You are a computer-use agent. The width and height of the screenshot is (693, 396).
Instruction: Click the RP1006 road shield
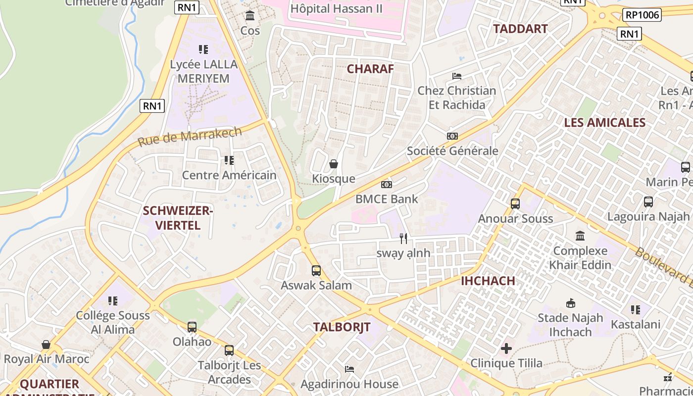click(642, 15)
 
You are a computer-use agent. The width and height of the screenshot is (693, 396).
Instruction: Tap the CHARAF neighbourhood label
click(370, 69)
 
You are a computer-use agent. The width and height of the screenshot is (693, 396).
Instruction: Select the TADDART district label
click(520, 29)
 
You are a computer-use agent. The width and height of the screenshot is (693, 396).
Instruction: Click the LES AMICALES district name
click(605, 123)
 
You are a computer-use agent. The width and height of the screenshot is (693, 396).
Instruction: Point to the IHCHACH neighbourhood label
click(488, 281)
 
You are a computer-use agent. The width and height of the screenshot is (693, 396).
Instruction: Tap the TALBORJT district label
click(342, 327)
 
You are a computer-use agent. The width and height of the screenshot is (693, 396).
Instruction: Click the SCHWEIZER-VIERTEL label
click(178, 218)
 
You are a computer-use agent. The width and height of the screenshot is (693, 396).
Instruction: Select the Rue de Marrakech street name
click(190, 136)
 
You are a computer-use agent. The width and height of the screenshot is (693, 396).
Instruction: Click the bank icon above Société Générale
click(452, 136)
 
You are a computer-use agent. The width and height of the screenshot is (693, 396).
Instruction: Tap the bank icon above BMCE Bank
click(387, 185)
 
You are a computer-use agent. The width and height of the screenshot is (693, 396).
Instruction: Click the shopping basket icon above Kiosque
click(334, 164)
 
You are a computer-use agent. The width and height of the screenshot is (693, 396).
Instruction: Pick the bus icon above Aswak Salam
click(316, 271)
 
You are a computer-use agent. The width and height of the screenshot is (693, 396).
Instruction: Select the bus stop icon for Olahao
click(192, 327)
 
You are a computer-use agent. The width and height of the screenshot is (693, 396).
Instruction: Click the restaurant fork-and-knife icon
click(403, 239)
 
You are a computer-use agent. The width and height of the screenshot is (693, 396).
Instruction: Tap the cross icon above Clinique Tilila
click(506, 348)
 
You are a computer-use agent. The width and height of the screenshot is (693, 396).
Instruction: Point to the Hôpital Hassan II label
click(336, 8)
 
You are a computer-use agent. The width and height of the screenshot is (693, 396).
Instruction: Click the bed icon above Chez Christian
click(457, 76)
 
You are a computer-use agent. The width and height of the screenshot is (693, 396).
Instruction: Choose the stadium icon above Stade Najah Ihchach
click(570, 303)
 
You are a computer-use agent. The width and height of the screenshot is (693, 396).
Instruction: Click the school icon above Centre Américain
click(229, 160)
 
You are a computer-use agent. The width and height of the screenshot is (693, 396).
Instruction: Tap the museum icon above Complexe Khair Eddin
click(580, 236)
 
